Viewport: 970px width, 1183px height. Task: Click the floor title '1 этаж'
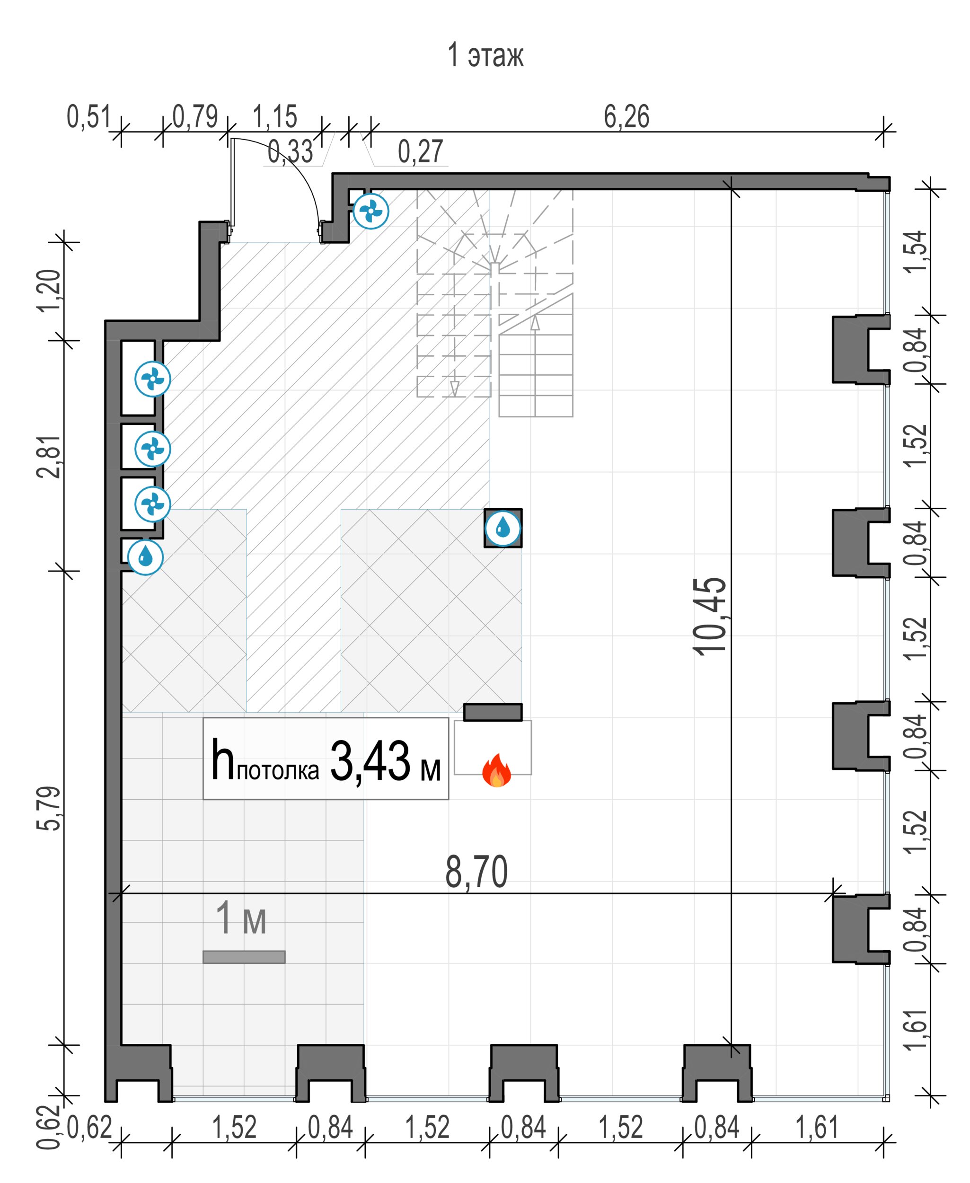(485, 56)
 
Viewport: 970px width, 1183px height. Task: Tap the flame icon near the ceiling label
(496, 770)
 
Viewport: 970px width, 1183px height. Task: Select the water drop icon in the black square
(503, 528)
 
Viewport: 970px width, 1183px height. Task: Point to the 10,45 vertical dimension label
(710, 615)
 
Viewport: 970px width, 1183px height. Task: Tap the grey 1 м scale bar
(244, 957)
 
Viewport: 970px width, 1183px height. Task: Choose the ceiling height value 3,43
(370, 760)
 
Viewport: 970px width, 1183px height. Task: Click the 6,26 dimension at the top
(626, 117)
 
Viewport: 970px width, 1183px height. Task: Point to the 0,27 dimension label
(420, 151)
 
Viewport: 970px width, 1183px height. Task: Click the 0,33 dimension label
(290, 151)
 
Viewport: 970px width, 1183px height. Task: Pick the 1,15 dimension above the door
(275, 117)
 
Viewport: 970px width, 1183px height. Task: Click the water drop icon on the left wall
(145, 556)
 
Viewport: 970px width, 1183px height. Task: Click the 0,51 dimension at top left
(89, 117)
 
